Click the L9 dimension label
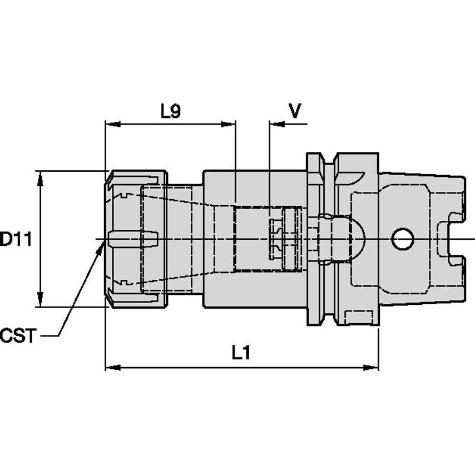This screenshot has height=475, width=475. click(171, 111)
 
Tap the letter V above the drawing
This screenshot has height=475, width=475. click(295, 111)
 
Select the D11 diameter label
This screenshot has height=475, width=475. click(16, 239)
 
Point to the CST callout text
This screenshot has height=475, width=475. click(18, 335)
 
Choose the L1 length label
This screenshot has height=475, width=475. click(241, 353)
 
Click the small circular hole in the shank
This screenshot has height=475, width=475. click(403, 239)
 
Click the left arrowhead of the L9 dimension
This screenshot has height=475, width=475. click(113, 124)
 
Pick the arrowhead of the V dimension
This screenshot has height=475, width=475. click(277, 124)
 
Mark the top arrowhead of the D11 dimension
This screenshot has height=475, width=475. click(40, 179)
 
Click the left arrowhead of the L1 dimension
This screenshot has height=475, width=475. click(113, 368)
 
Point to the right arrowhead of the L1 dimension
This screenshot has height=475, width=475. click(371, 368)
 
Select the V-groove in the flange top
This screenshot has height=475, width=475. click(328, 160)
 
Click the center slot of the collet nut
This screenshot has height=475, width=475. click(133, 239)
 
